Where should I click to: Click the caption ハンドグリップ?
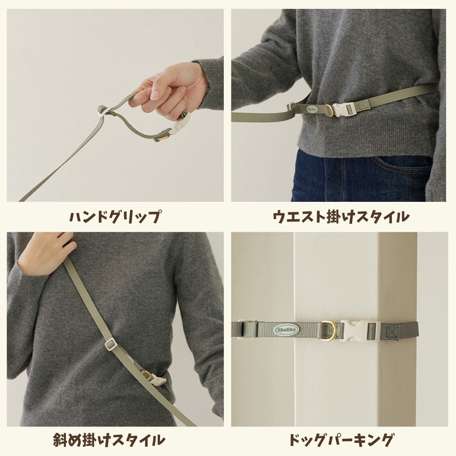[x=115, y=217]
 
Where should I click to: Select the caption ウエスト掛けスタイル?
[x=341, y=217]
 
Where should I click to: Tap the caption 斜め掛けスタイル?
[x=115, y=440]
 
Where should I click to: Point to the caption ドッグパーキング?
[x=341, y=440]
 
